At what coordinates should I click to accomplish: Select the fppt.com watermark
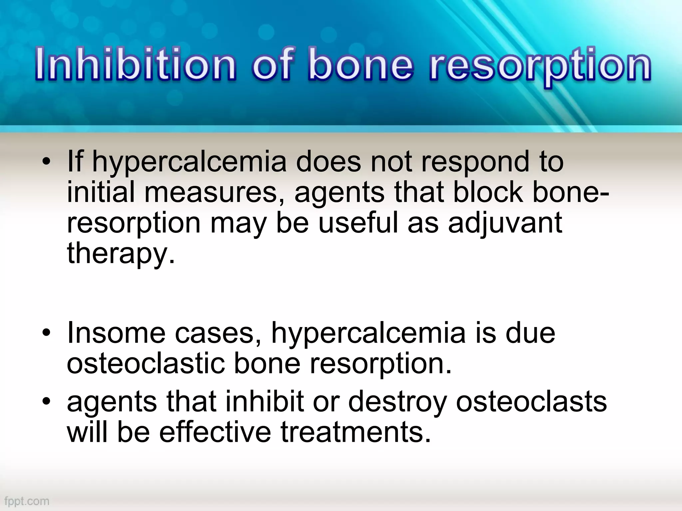(27, 501)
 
